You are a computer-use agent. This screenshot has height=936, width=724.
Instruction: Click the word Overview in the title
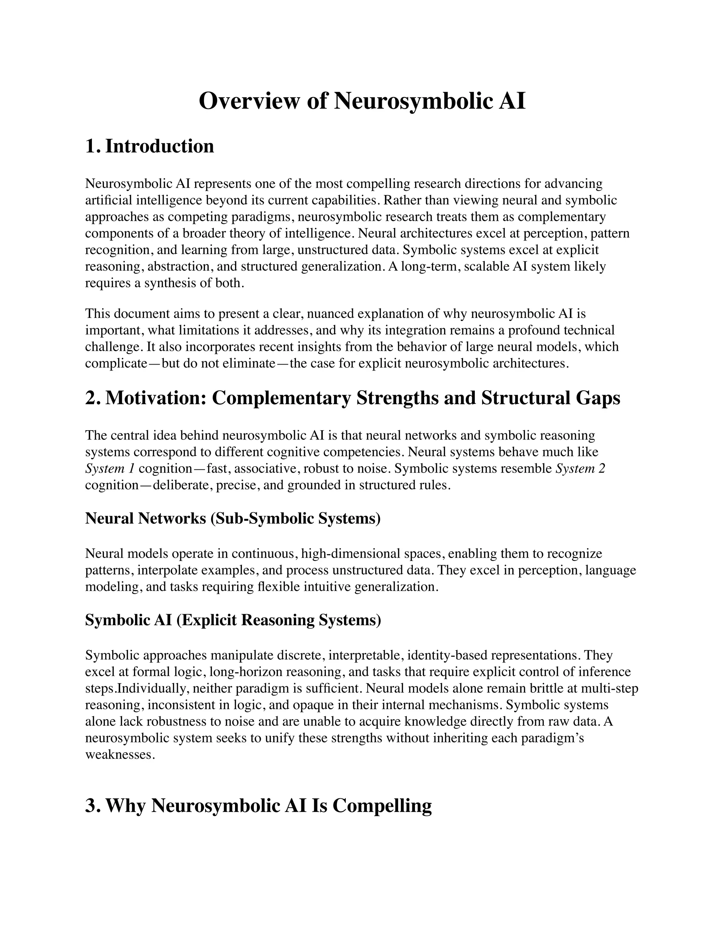(x=249, y=102)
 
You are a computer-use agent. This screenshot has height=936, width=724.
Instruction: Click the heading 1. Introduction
(x=149, y=146)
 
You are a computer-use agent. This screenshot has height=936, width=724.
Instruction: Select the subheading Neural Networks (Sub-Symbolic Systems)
(x=233, y=518)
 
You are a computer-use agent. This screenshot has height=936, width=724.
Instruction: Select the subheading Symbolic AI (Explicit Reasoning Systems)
(x=233, y=620)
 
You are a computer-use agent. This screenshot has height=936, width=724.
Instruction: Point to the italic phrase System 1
(x=110, y=469)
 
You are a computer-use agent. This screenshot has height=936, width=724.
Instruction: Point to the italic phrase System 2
(x=580, y=469)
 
